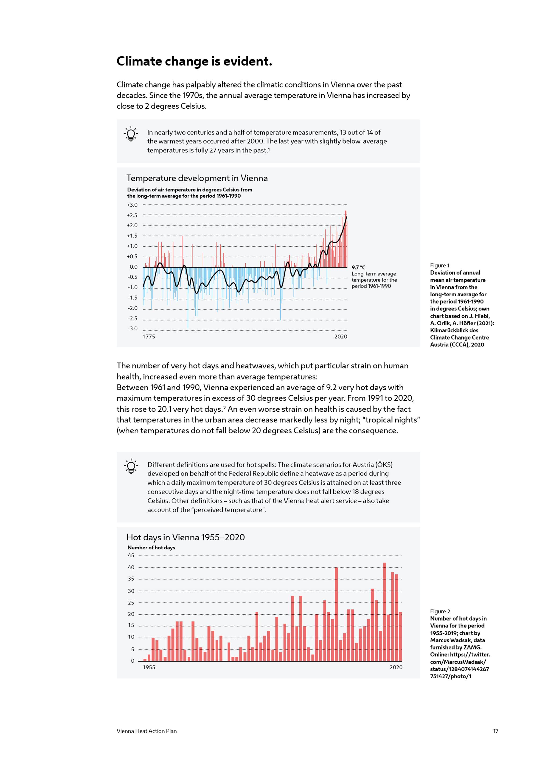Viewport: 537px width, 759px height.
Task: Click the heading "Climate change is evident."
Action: (194, 61)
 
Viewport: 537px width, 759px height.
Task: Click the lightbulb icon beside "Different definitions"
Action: (131, 466)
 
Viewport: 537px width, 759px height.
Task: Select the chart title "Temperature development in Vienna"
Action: (197, 178)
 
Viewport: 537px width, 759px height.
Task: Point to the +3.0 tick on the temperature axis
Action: (132, 205)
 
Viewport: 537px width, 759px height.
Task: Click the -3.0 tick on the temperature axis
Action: (132, 329)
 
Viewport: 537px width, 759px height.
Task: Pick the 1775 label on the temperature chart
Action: (149, 337)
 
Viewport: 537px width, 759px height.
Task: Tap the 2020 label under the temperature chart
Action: (340, 337)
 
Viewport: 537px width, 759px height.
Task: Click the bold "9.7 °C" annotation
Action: (358, 267)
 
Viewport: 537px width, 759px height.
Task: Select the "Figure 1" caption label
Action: (440, 265)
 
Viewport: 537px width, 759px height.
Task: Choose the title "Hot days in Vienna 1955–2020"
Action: (186, 537)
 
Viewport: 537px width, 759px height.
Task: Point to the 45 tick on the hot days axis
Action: (131, 555)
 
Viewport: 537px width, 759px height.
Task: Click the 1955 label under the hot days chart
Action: (149, 667)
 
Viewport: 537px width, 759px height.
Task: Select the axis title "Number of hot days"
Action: (151, 548)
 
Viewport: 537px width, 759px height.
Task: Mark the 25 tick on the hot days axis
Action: (131, 603)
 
